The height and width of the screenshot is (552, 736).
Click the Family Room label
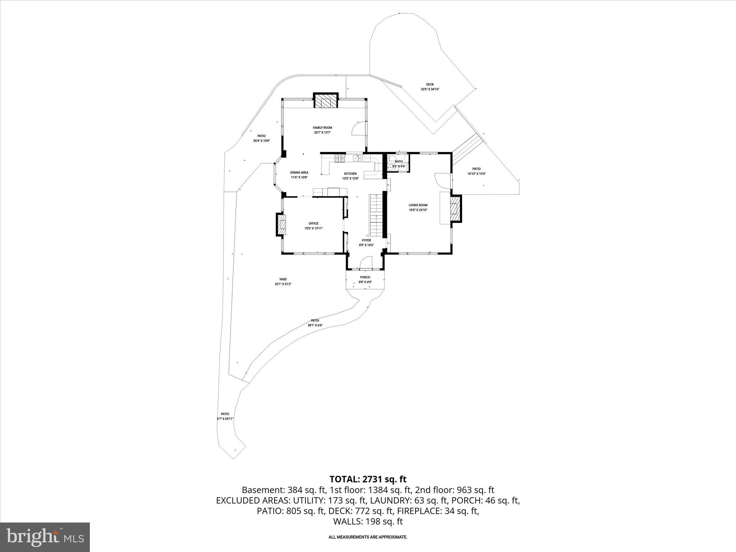[322, 128]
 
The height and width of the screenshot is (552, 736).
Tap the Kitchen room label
[350, 174]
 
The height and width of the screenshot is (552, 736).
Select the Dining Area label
[299, 172]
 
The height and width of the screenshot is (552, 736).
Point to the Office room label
[313, 224]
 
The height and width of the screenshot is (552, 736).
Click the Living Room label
[418, 205]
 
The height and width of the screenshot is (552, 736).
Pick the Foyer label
[366, 240]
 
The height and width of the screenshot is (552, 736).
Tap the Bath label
[399, 162]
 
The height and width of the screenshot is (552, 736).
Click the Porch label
[365, 277]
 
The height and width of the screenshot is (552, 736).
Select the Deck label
[430, 84]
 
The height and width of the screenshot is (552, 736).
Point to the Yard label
[283, 279]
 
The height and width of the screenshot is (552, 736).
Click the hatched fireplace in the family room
[326, 101]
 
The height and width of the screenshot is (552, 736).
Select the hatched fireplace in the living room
[455, 209]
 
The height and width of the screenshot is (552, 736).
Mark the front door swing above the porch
[366, 263]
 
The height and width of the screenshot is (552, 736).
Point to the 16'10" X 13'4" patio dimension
[476, 174]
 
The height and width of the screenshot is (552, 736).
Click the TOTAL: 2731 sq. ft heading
[368, 479]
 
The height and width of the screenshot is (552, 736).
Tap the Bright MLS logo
[45, 537]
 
